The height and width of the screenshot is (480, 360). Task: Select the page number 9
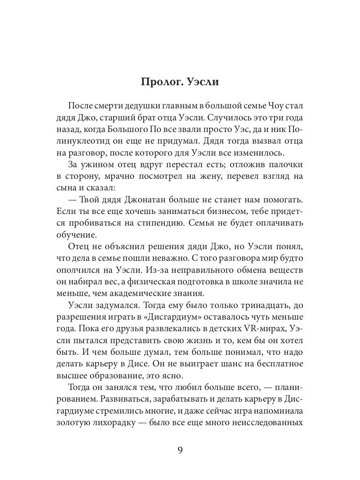click(180, 450)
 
